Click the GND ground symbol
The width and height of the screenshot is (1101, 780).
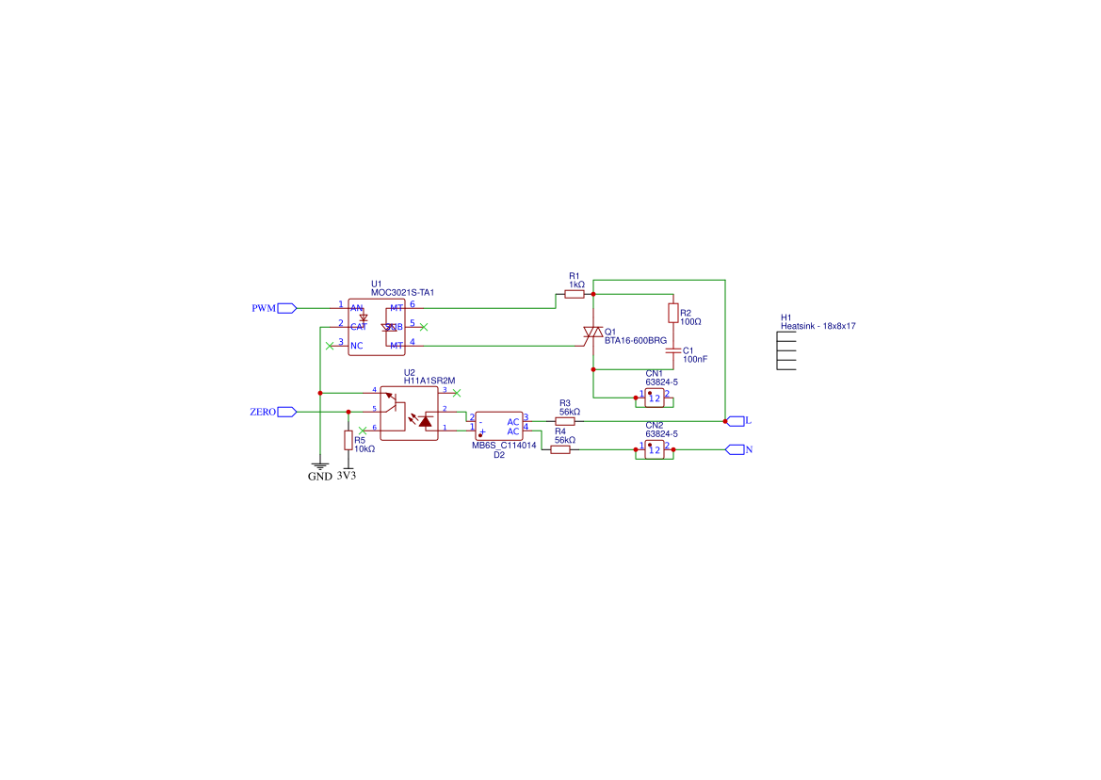pos(320,465)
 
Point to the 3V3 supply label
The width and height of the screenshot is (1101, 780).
pos(347,476)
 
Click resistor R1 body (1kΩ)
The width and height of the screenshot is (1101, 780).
pos(575,295)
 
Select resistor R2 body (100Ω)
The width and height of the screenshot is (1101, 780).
pos(672,313)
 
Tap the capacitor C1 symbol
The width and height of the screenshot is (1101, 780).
pos(672,349)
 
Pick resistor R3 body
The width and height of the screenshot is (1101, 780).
pos(565,421)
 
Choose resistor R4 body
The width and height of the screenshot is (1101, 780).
pos(560,449)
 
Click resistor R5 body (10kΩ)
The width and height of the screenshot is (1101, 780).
pos(348,440)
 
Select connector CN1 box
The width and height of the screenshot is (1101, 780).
pos(655,398)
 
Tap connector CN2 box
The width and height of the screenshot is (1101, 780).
pos(655,449)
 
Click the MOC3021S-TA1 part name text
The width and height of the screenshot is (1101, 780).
pos(402,293)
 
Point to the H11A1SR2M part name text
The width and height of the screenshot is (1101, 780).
pos(429,381)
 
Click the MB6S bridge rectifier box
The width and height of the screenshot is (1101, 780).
pos(498,426)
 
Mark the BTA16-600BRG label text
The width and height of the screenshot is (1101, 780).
pos(636,340)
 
